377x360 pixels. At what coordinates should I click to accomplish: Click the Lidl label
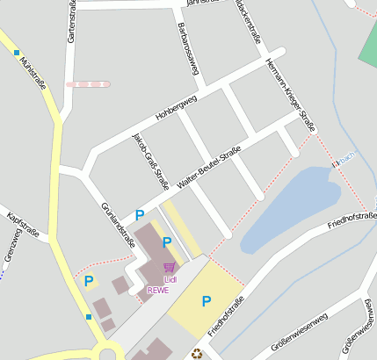(170, 279)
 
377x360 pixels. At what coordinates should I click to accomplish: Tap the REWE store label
(158, 291)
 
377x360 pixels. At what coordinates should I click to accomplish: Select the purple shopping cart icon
(169, 267)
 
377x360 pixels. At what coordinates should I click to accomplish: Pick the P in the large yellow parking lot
(207, 301)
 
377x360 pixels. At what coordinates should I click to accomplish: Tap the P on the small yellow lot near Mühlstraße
(89, 281)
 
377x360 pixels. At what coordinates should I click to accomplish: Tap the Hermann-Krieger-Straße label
(289, 92)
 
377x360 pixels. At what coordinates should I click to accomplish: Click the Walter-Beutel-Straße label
(208, 168)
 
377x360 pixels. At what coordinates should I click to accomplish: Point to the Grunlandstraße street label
(119, 226)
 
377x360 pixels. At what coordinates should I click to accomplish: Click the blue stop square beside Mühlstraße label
(16, 53)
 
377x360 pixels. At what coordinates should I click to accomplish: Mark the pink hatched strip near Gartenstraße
(89, 84)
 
